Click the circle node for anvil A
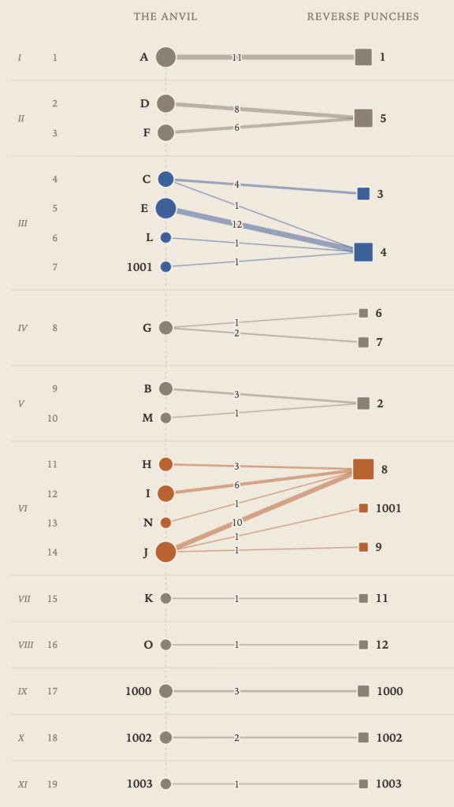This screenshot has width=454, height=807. coord(166,57)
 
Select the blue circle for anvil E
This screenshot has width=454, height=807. coord(166,208)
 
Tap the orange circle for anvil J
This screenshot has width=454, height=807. coord(166,552)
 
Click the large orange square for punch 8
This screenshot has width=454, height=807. coord(363,470)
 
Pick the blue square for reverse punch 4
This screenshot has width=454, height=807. coord(363,252)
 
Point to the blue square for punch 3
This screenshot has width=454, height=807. coord(363,194)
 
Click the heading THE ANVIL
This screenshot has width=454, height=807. coord(166,17)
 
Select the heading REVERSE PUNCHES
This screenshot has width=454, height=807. coord(363,17)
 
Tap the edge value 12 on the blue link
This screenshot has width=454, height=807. coord(236,225)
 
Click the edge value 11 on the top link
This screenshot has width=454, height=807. coord(236,58)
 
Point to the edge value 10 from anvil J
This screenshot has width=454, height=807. coord(236,523)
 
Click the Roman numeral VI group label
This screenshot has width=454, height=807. coord(23,508)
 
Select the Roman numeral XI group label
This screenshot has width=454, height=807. coord(23,784)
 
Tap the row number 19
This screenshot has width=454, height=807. coord(53,784)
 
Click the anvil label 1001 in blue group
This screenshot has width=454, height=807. coord(140,267)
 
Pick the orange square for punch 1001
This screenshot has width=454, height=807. coord(363,508)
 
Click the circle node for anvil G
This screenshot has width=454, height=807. coord(166,328)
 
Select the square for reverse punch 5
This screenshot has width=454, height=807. coord(363,118)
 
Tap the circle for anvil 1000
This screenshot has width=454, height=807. coord(166,691)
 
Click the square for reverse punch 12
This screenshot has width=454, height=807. coord(363,645)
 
